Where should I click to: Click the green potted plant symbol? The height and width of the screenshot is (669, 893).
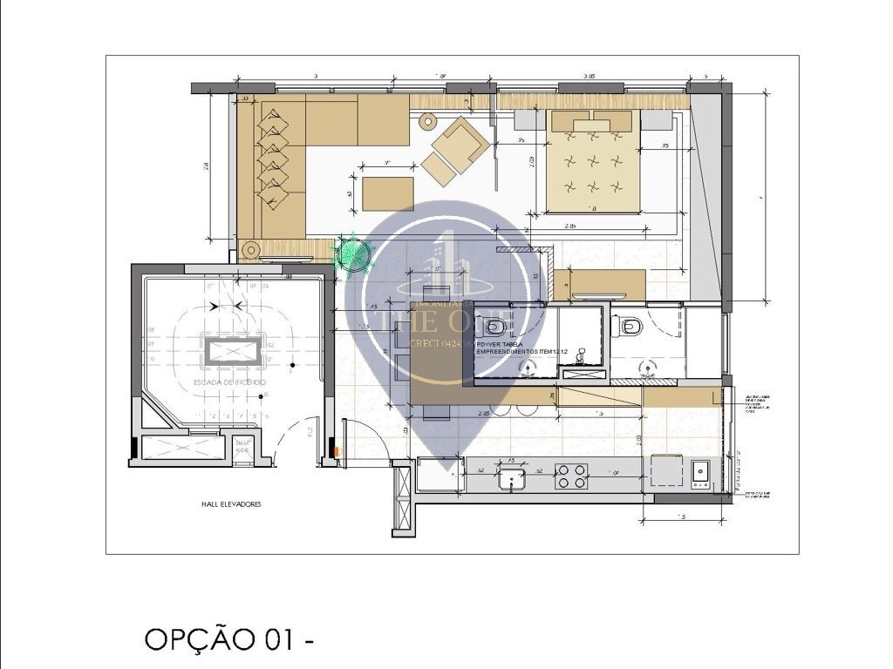(x=354, y=252)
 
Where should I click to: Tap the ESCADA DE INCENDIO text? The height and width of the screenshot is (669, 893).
(x=230, y=382)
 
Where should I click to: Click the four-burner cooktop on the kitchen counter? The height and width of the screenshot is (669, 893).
(x=571, y=476)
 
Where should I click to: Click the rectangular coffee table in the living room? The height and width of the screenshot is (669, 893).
(x=387, y=193)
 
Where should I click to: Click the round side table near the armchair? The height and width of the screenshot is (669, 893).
(x=427, y=122)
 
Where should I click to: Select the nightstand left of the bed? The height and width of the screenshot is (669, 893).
(x=529, y=120)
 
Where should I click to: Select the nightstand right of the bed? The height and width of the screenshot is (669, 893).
(x=657, y=120)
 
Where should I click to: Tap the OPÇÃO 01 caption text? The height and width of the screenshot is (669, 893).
(x=229, y=639)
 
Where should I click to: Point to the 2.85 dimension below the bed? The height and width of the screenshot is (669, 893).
(x=570, y=226)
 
